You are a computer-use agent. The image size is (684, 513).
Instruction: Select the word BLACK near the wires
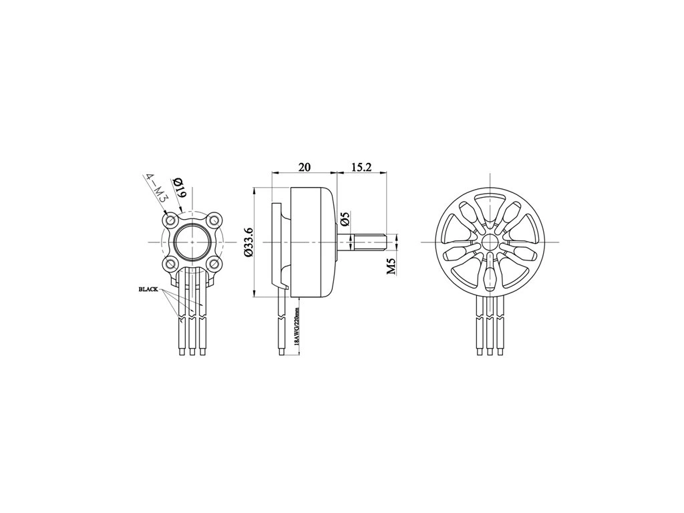(148, 290)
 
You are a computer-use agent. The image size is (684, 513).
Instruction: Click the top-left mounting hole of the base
(172, 219)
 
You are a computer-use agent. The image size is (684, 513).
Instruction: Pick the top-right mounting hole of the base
(213, 219)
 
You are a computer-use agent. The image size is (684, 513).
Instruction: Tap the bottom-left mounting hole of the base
(172, 262)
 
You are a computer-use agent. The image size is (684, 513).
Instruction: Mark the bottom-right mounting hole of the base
(213, 262)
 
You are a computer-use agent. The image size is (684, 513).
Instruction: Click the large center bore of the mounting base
(192, 241)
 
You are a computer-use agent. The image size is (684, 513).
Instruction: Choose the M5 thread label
(391, 265)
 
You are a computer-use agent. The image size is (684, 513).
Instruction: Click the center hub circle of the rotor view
(490, 242)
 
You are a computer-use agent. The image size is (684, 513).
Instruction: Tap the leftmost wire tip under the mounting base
(182, 351)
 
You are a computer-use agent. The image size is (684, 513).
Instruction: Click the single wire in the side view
(285, 324)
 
